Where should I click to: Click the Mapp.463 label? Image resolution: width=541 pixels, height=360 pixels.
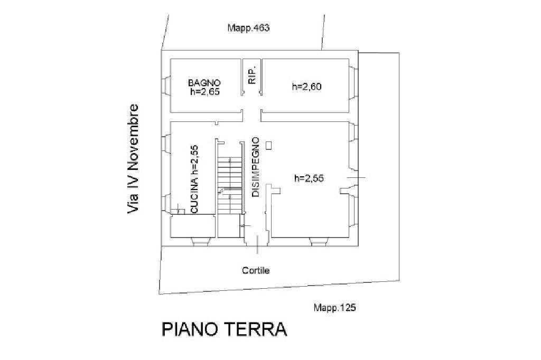tap(248, 29)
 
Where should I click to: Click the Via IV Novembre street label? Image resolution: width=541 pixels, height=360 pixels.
tap(134, 158)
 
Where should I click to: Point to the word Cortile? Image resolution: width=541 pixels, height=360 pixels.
tap(256, 270)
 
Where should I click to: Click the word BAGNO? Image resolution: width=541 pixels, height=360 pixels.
tap(204, 83)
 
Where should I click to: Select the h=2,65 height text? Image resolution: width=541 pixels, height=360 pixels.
tap(204, 91)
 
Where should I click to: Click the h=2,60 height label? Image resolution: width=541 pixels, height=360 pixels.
tap(307, 87)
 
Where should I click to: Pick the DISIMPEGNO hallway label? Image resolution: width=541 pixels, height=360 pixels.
tap(256, 167)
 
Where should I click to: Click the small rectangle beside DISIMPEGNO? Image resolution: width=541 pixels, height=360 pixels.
tap(269, 145)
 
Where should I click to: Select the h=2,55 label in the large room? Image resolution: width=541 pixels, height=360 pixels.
tap(309, 178)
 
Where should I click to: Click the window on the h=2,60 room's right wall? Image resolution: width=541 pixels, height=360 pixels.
tap(353, 84)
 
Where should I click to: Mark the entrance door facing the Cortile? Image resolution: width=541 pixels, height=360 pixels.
tap(257, 242)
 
